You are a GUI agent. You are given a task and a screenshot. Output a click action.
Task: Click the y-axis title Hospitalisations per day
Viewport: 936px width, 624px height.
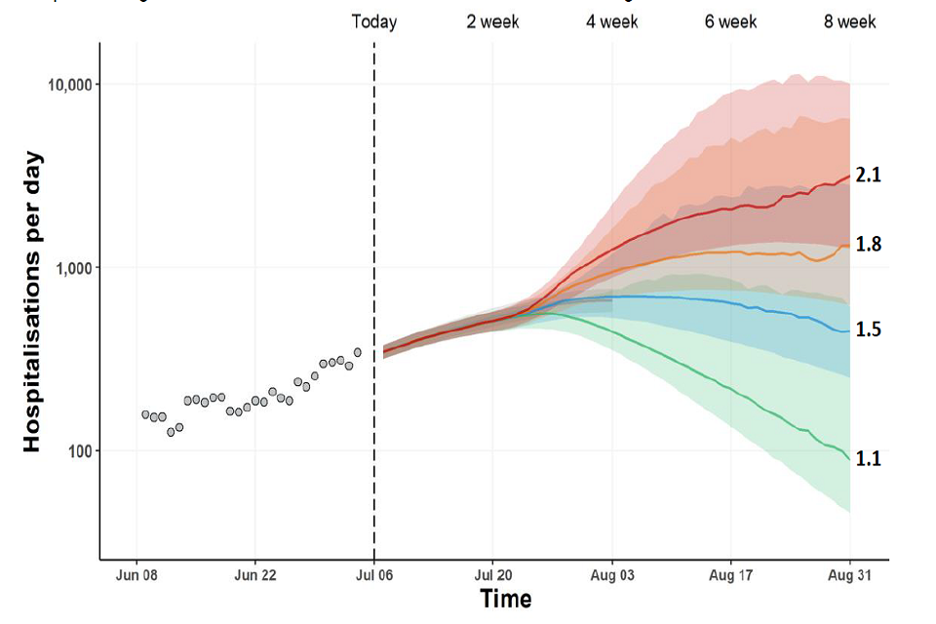pos(32,300)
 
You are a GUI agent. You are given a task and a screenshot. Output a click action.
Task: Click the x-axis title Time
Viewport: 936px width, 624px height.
pos(505,599)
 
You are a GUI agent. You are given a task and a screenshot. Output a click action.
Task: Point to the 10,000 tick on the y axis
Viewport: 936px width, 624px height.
pos(69,85)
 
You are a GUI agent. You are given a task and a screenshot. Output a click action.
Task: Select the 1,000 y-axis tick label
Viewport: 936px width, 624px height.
pos(74,268)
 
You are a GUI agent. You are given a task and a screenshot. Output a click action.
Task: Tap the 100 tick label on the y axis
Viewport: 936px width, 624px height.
pos(80,451)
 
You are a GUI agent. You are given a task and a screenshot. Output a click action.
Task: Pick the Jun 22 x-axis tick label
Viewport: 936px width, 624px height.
pos(254,576)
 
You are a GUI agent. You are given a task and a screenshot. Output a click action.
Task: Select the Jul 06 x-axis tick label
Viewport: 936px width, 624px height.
pos(374,576)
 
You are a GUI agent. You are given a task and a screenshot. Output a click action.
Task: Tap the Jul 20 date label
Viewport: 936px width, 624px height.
pos(493,576)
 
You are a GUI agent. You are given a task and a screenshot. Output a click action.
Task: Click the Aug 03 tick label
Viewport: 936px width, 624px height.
pos(612,576)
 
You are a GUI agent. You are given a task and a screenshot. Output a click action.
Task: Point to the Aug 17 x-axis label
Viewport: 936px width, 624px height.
pos(731,576)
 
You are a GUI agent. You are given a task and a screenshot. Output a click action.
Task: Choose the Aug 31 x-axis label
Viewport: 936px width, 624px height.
pos(850,576)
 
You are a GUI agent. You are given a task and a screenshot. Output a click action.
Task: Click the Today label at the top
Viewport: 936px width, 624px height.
pos(374,21)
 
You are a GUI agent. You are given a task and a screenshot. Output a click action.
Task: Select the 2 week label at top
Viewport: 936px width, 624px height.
pos(492,21)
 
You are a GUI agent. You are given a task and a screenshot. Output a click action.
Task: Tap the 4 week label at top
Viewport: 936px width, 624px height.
pos(612,21)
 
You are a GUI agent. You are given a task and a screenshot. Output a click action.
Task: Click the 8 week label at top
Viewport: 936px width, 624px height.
pos(850,21)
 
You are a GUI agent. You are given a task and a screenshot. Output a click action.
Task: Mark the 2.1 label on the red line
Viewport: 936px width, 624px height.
pos(869,175)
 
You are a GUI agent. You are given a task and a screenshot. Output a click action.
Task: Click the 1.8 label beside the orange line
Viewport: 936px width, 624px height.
pos(869,244)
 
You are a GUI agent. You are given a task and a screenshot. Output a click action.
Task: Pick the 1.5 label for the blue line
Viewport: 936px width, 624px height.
pos(869,330)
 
